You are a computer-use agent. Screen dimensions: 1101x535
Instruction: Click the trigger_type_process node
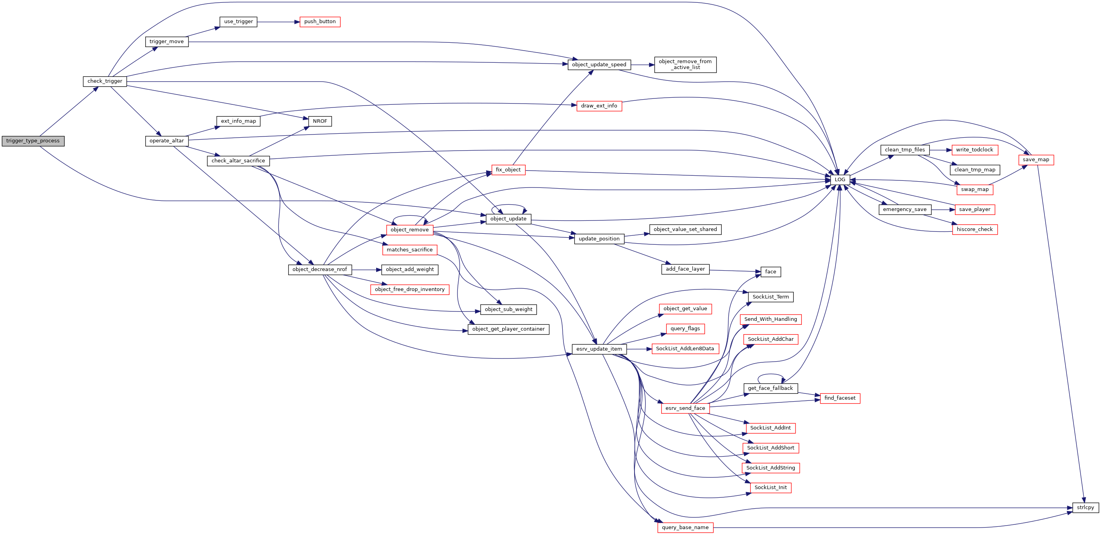tap(33, 141)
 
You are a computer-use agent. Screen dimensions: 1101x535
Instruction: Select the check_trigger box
tap(105, 81)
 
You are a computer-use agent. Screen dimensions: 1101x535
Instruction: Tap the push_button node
tap(320, 22)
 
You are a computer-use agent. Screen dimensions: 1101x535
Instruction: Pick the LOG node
tap(840, 180)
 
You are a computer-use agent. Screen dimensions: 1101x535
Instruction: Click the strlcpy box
tap(1085, 508)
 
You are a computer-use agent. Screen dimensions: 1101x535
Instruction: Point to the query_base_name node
tap(685, 528)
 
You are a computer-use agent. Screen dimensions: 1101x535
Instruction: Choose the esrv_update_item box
tap(599, 349)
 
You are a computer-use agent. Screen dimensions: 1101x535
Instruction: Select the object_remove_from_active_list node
tap(685, 65)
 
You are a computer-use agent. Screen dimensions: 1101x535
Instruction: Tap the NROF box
tap(320, 121)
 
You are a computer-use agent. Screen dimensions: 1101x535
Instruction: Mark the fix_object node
tap(508, 170)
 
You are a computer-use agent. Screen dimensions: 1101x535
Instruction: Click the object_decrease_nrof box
tap(320, 269)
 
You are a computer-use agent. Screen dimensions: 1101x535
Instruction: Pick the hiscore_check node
tap(975, 229)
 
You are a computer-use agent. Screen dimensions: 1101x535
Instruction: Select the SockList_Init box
tap(771, 488)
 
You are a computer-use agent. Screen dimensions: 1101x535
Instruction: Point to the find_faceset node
tap(840, 399)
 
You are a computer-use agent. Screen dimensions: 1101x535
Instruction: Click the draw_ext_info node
tap(599, 106)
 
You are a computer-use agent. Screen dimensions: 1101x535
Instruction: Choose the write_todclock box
tap(975, 150)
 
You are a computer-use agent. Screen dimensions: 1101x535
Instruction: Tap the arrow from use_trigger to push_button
tap(278, 22)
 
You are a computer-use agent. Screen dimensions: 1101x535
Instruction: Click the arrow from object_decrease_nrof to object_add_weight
tap(367, 270)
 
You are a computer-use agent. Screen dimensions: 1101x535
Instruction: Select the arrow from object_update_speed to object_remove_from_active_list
tap(642, 65)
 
